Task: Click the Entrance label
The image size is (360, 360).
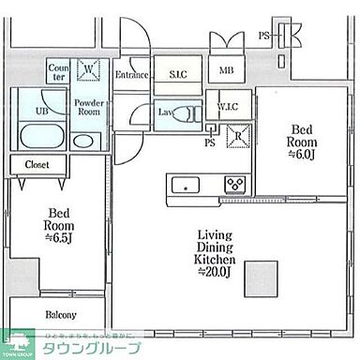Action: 132,75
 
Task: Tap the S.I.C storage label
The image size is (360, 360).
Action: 176,73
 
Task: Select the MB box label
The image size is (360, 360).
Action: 226,71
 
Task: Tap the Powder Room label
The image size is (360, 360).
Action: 88,105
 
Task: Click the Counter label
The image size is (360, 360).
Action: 58,73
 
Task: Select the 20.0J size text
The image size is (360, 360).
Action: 216,272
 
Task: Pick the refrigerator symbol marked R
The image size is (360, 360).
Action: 239,135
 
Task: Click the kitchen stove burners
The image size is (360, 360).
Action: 233,184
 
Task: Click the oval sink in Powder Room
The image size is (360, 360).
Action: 83,142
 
